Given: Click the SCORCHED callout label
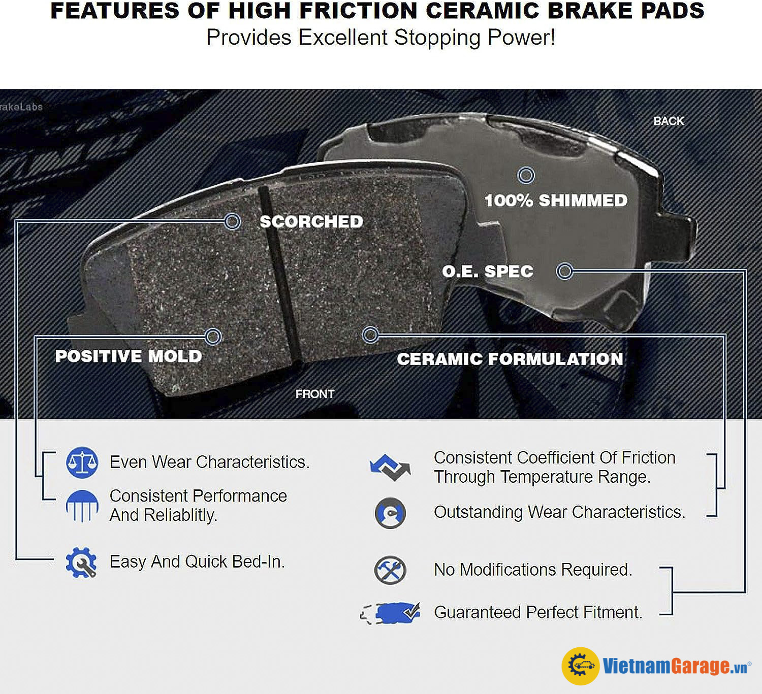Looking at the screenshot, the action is pos(311,222).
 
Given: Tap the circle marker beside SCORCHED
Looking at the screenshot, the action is pos(233,221).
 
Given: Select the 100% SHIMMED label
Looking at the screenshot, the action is pos(556,201).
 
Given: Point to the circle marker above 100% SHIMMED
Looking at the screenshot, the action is pos(526,175).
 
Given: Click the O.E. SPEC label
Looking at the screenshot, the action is pos(488,272).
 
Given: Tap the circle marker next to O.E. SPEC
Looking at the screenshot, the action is pos(564,271).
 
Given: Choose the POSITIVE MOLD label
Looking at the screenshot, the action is pos(129,356).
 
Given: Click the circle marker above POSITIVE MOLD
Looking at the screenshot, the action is pos(213,337).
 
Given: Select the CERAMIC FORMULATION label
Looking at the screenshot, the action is pos(510,359).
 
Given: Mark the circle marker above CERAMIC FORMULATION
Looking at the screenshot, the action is pos(370,335).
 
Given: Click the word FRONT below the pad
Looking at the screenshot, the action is pos(315,394).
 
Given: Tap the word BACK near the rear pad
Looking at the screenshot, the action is pos(669,121).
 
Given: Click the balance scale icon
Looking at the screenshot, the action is pos(82,462).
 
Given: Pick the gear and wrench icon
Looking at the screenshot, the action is pos(81,563).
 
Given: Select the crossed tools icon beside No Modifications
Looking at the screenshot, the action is pos(390,570).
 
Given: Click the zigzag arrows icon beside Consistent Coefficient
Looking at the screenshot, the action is pos(390,468).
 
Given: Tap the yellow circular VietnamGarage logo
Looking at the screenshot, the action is pos(581,666).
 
